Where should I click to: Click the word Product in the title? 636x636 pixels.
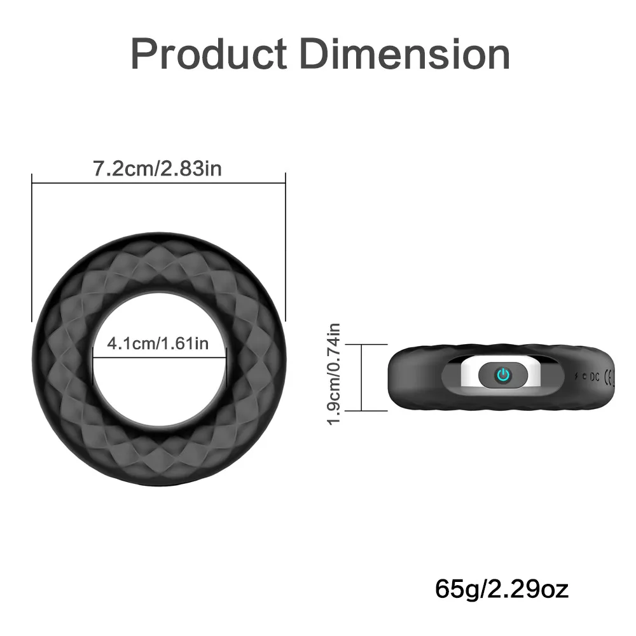coord(209,54)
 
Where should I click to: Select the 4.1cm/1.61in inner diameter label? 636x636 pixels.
coord(158,343)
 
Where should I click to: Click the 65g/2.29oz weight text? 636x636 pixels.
coord(502,588)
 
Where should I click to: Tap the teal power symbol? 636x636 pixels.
coord(503,375)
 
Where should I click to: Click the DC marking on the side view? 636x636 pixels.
coord(594,377)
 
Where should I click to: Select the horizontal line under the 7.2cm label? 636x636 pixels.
coord(158,183)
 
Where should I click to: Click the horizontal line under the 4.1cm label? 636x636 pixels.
coord(158,356)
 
